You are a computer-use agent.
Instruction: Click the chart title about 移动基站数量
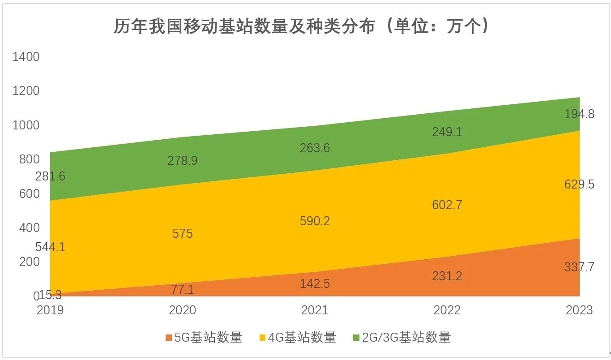[x=301, y=26]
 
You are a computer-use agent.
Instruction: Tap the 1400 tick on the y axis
[x=26, y=57]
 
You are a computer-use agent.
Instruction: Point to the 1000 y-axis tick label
[x=26, y=125]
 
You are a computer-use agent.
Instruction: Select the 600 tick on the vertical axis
[x=30, y=194]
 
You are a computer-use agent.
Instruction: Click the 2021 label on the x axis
[x=315, y=310]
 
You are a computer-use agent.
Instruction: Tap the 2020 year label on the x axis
[x=182, y=310]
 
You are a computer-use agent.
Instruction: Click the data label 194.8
[x=579, y=114]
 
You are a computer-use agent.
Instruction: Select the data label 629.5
[x=579, y=184]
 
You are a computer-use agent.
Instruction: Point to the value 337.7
[x=579, y=267]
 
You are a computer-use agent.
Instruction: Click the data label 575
[x=183, y=234]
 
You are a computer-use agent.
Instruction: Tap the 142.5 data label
[x=315, y=283]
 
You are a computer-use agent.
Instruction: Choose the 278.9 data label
[x=183, y=161]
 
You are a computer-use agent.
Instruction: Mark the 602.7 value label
[x=447, y=205]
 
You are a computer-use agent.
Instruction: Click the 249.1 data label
[x=447, y=132]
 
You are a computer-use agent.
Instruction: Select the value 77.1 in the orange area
[x=183, y=290]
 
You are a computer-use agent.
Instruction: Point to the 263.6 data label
[x=315, y=148]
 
